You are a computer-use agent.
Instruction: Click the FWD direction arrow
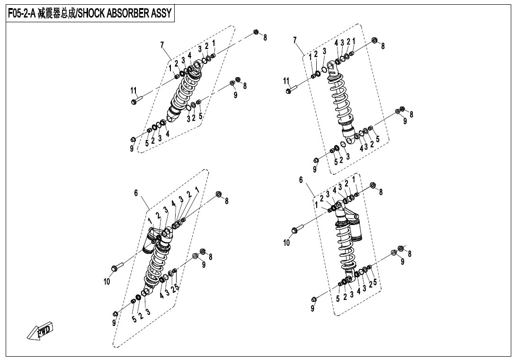pyautogui.click(x=40, y=331)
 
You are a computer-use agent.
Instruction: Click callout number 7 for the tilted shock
pyautogui.click(x=162, y=45)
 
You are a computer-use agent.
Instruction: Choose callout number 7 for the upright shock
pyautogui.click(x=295, y=40)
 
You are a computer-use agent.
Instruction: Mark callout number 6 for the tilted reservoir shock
pyautogui.click(x=136, y=193)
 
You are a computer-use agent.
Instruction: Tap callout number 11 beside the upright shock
pyautogui.click(x=286, y=81)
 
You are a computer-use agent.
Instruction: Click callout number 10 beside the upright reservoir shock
pyautogui.click(x=286, y=243)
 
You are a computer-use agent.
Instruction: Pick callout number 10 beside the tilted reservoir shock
pyautogui.click(x=107, y=281)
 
